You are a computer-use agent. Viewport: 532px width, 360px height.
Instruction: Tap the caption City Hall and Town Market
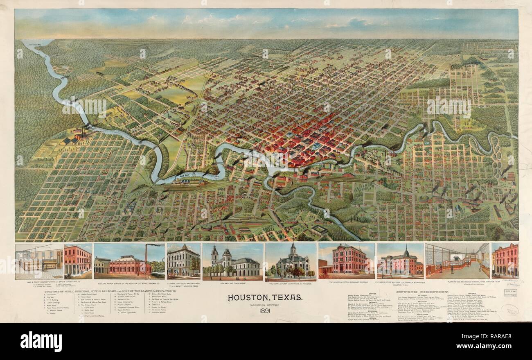coord(232,283)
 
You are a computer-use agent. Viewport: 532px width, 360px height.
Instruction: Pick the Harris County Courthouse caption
coord(291,283)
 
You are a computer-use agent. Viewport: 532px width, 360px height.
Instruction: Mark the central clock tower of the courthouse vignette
coord(293,250)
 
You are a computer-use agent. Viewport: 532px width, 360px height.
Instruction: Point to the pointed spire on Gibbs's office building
coord(406,251)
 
